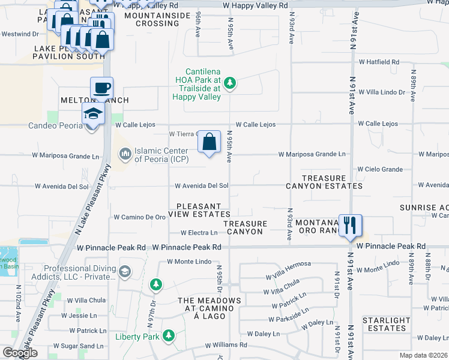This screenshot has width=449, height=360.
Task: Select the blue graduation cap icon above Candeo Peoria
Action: tap(93, 113)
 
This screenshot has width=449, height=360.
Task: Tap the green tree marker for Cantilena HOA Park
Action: tap(229, 82)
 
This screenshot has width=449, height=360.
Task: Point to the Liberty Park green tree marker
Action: tap(169, 335)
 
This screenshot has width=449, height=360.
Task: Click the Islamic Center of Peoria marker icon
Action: tap(125, 154)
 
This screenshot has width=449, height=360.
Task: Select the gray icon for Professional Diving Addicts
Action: tap(125, 271)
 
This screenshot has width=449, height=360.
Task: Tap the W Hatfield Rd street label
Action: tap(379, 62)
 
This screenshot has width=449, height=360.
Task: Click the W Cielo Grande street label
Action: tap(380, 170)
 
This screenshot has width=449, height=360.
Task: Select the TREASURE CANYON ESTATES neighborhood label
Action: tap(332, 182)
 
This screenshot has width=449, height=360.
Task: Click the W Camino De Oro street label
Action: tap(139, 217)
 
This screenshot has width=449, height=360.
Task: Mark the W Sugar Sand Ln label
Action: tap(85, 346)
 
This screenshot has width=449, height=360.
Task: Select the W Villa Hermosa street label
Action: tap(289, 265)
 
